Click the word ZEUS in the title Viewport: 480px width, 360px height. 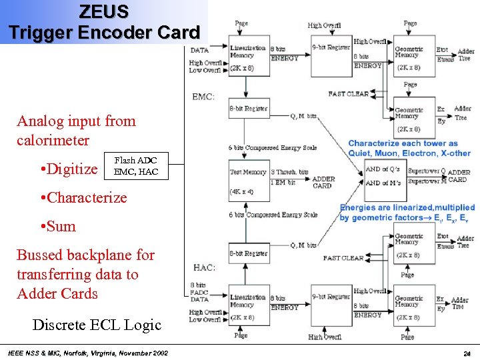pyautogui.click(x=104, y=11)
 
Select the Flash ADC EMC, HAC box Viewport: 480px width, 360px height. pyautogui.click(x=136, y=166)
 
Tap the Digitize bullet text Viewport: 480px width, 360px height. pyautogui.click(x=69, y=169)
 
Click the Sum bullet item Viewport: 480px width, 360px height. pyautogui.click(x=58, y=226)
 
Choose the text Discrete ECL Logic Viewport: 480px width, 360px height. pyautogui.click(x=97, y=325)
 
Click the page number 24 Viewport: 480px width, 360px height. pyautogui.click(x=466, y=353)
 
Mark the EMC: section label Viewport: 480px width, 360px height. pyautogui.click(x=203, y=97)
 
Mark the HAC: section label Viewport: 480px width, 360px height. pyautogui.click(x=203, y=267)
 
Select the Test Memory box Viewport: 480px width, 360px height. pyautogui.click(x=248, y=172)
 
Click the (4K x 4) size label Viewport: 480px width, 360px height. pyautogui.click(x=242, y=192)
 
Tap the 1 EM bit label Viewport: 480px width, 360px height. pyautogui.click(x=283, y=181)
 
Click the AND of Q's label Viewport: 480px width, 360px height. pyautogui.click(x=383, y=169)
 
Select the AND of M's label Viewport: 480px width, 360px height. pyautogui.click(x=383, y=182)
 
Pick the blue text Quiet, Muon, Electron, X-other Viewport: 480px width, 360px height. pyautogui.click(x=409, y=153)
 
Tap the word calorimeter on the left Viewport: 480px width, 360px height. pyautogui.click(x=53, y=141)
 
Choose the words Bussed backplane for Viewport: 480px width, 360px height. pyautogui.click(x=85, y=255)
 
